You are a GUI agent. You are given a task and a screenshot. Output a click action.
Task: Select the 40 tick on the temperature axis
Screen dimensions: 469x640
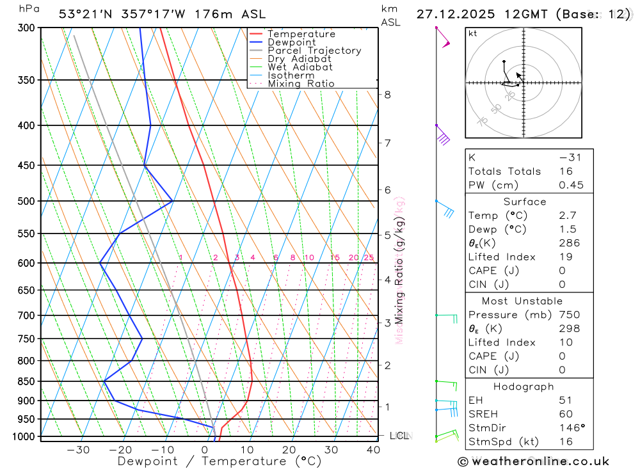pos(373,450)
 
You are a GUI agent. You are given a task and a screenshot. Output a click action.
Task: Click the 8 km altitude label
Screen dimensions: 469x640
pos(387,95)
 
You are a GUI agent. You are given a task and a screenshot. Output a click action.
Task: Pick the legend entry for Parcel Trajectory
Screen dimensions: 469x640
pos(314,51)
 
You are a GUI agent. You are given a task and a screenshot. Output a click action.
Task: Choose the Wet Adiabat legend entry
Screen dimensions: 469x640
pos(300,67)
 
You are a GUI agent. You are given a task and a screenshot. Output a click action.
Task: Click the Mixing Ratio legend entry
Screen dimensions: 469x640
pos(301,84)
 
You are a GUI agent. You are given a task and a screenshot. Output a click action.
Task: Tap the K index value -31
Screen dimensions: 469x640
pos(570,157)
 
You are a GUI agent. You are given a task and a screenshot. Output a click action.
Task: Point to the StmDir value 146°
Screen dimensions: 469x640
pos(571,427)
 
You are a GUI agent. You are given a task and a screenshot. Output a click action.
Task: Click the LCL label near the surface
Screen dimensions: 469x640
pos(399,436)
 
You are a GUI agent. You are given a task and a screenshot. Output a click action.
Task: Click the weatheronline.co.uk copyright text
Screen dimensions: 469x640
pos(533,461)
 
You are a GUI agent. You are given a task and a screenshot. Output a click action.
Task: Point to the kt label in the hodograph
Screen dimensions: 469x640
pos(472,33)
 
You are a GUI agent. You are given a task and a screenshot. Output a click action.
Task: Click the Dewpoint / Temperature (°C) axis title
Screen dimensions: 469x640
pos(220,461)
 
